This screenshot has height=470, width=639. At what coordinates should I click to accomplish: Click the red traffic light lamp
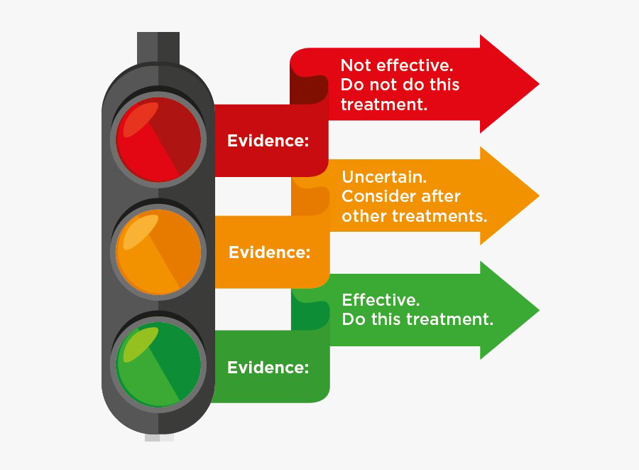[x=158, y=139]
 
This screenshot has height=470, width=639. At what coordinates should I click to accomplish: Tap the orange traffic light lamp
[x=158, y=252]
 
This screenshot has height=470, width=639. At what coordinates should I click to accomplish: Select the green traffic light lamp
[x=158, y=364]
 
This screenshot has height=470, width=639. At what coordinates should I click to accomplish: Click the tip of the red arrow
[x=539, y=84]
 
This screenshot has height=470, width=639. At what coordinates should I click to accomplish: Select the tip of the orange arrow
[x=539, y=196]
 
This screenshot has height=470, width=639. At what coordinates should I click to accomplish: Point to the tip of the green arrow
[x=539, y=311]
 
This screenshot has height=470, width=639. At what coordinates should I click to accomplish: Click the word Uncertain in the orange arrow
[x=384, y=177]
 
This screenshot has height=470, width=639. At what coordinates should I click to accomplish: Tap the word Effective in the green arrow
[x=381, y=300]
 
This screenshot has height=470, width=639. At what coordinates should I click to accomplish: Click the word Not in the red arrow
[x=356, y=65]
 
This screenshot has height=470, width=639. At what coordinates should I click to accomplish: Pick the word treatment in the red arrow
[x=383, y=105]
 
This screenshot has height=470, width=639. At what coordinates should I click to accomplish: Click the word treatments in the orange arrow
[x=439, y=216]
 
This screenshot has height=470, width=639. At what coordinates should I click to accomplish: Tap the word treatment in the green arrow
[x=449, y=319]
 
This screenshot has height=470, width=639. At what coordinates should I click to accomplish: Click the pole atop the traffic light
[x=158, y=48]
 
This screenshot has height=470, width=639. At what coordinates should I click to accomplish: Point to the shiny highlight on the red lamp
[x=140, y=119]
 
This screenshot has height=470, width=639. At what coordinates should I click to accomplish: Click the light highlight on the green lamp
[x=140, y=344]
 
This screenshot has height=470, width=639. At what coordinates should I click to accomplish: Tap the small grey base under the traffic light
[x=159, y=438]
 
